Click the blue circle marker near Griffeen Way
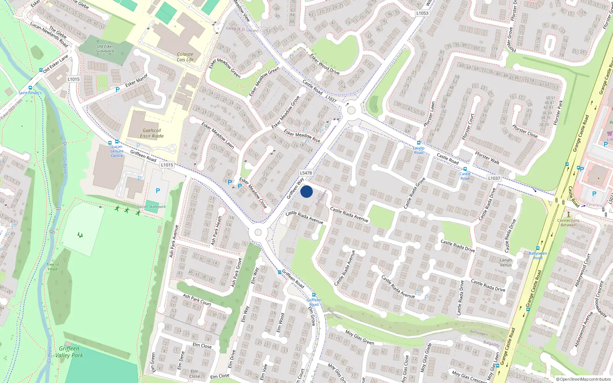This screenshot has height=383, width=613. [306, 191]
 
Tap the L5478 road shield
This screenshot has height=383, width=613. [306, 173]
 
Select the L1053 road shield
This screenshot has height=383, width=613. [422, 13]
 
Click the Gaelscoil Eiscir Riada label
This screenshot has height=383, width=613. [152, 133]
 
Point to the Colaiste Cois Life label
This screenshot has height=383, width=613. [185, 57]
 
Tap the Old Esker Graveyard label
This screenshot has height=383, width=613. [105, 49]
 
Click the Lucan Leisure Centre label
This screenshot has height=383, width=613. [117, 151]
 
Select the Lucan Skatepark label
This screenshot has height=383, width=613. [152, 207]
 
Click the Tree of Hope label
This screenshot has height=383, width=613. [53, 267]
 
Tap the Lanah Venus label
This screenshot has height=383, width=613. [506, 262]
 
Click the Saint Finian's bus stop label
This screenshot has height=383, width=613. [30, 93]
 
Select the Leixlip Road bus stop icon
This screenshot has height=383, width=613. [419, 143]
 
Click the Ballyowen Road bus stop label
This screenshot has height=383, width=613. [538, 255]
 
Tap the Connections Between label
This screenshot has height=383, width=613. [569, 223]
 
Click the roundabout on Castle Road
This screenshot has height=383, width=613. [351, 111]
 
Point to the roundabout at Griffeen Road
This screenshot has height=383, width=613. [258, 232]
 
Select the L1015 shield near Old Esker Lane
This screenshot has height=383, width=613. [74, 79]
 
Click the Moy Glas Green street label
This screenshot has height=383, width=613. [360, 337]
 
